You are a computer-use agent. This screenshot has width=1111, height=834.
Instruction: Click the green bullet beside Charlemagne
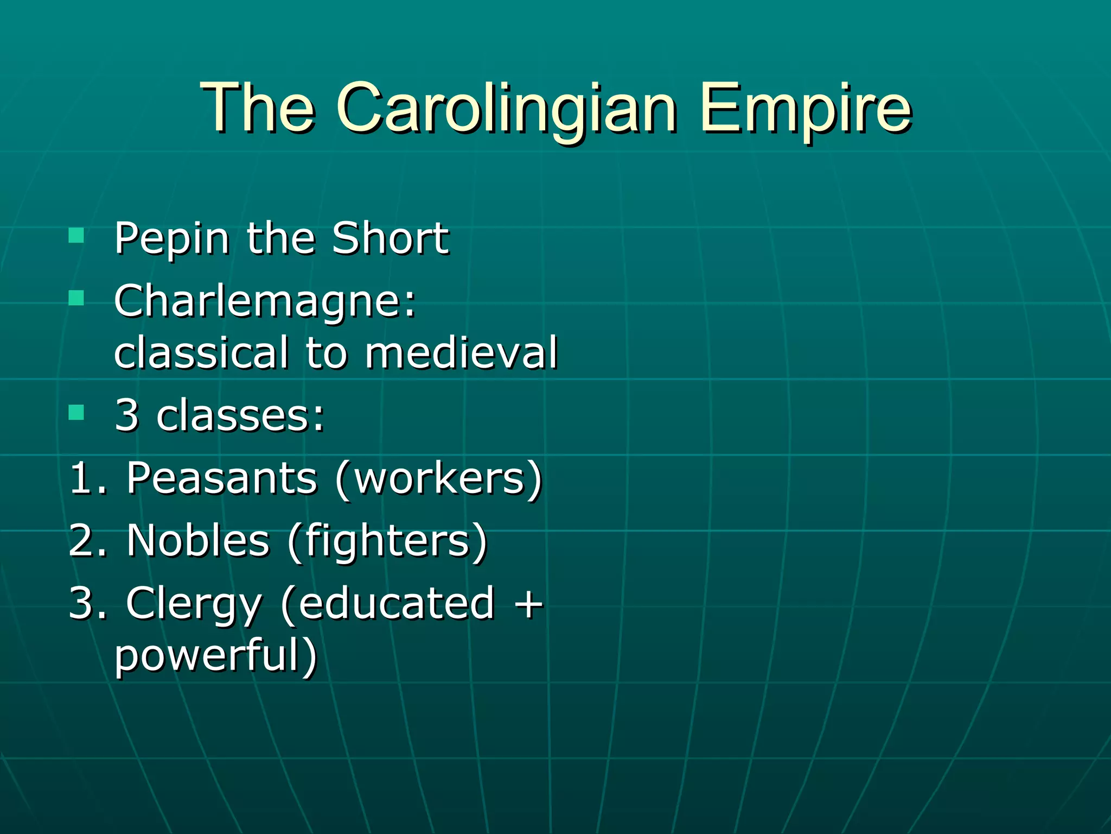[76, 298]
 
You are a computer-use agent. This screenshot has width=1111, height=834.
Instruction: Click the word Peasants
[221, 478]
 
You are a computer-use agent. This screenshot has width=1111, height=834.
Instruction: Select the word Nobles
[198, 541]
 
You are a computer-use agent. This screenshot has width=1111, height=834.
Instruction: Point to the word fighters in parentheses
[387, 541]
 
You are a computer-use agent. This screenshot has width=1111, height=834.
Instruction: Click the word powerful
[209, 655]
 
